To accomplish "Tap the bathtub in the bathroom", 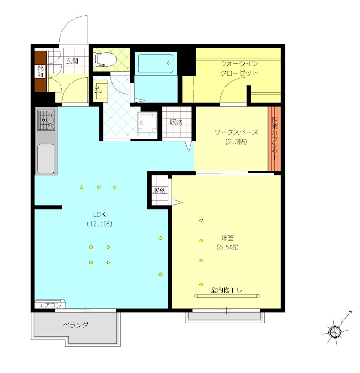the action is (156, 63).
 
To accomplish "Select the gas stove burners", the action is (46, 120).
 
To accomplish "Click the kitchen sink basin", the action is (46, 158).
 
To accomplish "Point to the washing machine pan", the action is (147, 123).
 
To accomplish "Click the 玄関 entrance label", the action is (72, 61).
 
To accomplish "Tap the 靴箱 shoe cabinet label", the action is (41, 71).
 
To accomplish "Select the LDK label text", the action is (99, 214).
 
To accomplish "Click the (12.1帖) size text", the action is (99, 224).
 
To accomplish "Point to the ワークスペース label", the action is (236, 132).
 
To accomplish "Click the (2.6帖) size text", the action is (236, 142).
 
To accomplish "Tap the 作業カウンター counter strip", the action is (274, 138).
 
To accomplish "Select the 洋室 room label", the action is (227, 238).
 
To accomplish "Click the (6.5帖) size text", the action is (227, 247).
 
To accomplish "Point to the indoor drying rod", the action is (227, 296).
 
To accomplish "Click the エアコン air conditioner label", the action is (50, 305).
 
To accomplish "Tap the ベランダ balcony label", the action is (75, 325).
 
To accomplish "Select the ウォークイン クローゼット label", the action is (239, 68).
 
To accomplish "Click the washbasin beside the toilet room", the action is (101, 90).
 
